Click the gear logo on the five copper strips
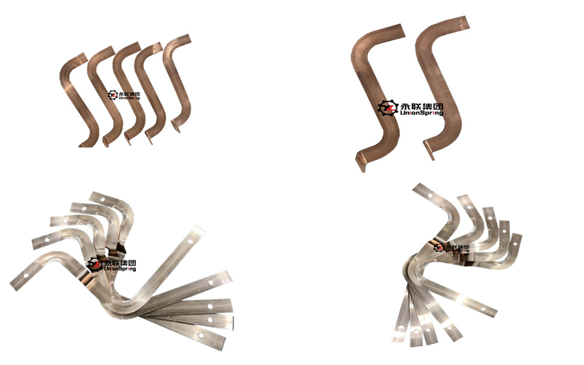(112, 96)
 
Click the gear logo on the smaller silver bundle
(439, 247)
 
